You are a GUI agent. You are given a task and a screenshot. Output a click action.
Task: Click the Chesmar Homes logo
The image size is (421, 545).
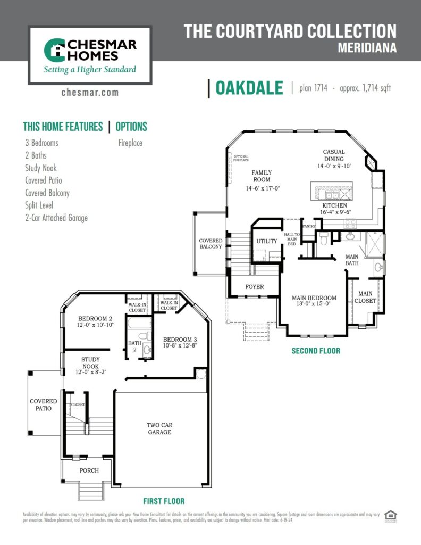90,55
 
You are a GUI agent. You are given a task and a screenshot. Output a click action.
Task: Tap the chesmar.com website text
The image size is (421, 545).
90,93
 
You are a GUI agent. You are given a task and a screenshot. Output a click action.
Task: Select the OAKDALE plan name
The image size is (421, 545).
249,88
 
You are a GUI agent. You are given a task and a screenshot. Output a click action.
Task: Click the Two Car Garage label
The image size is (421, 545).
159,428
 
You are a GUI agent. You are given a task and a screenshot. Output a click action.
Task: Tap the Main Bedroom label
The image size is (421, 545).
314,301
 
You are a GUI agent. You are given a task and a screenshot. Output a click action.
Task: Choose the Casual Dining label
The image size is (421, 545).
334,159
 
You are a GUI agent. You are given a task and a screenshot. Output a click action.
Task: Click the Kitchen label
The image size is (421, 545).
334,209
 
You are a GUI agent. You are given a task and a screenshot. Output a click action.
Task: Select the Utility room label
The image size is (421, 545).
267,241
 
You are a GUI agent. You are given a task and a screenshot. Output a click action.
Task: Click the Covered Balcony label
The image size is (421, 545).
211,244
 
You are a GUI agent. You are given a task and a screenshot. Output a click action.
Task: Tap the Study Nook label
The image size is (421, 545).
90,363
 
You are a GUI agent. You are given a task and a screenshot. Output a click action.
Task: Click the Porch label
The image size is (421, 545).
89,470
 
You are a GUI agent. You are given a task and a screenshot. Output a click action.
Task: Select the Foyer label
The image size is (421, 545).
254,287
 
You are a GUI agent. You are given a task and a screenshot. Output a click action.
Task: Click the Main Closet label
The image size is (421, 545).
365,297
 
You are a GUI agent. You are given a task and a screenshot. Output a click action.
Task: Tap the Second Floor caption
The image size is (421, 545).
316,351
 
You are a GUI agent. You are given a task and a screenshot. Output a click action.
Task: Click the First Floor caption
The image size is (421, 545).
164,501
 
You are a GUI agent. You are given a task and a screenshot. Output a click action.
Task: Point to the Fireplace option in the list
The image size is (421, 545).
130,143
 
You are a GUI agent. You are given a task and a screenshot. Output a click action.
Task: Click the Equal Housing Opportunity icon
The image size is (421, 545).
391,516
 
